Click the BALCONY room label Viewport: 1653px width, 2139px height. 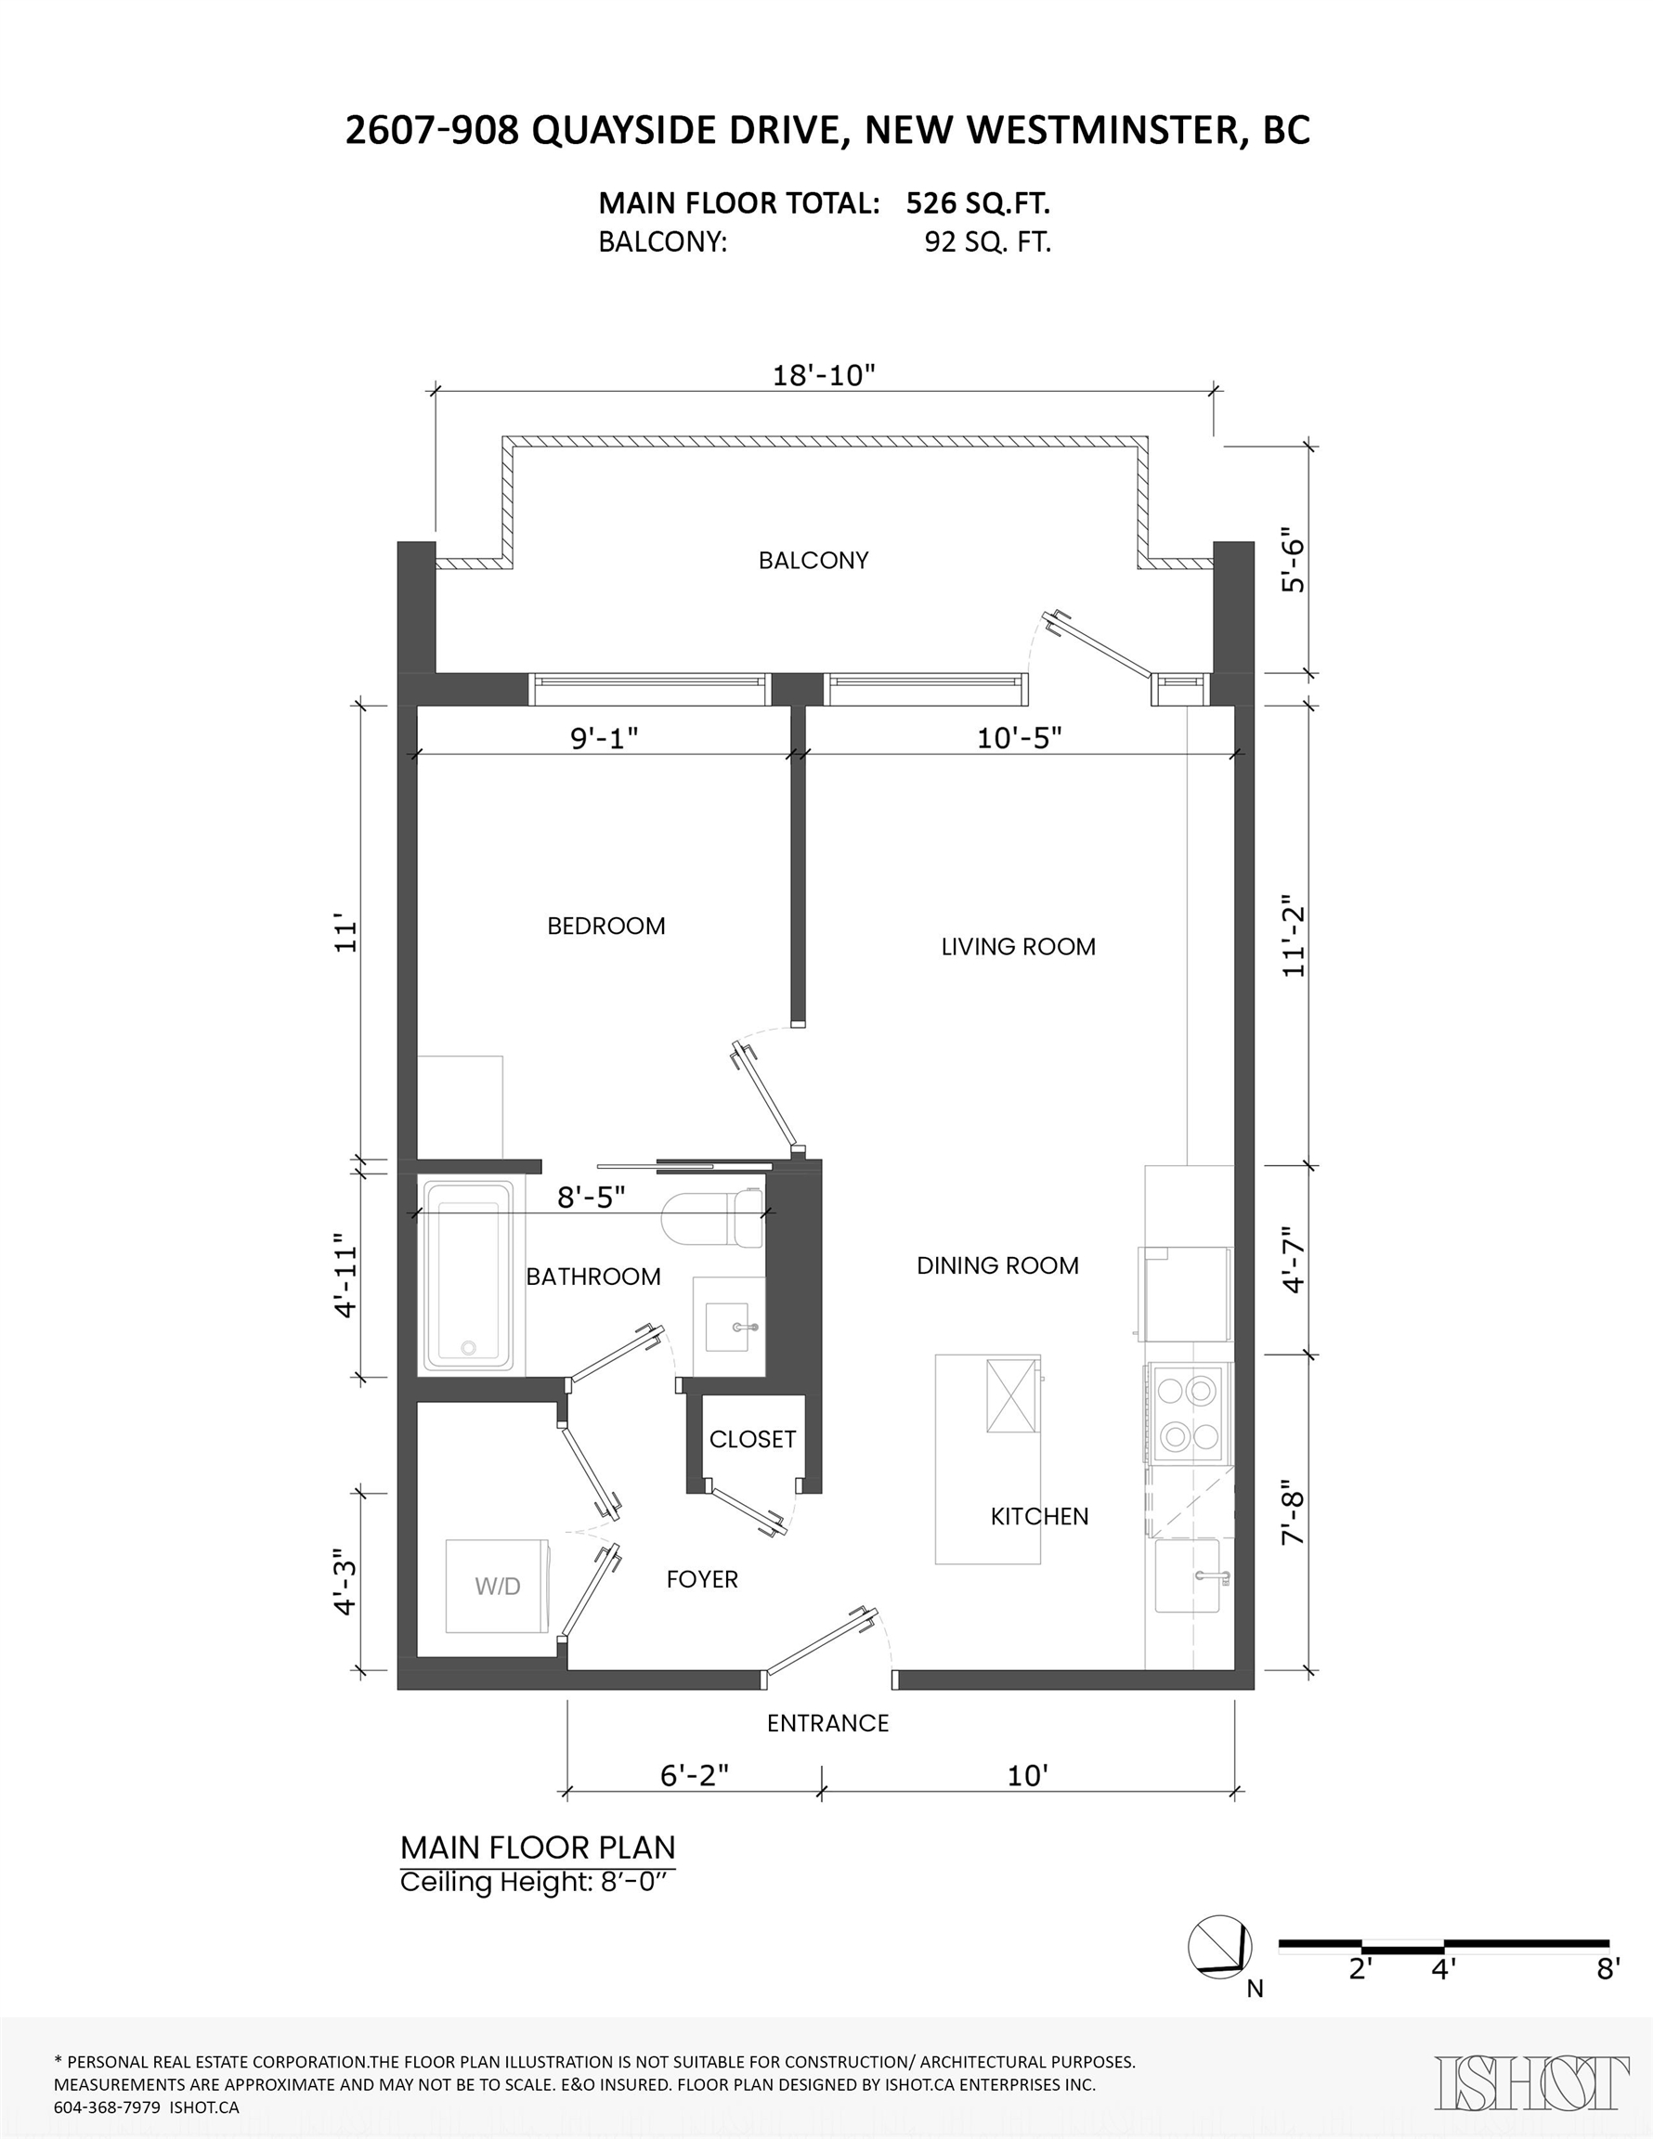[x=813, y=560]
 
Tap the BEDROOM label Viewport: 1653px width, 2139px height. [x=605, y=926]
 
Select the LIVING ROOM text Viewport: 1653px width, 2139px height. [x=1018, y=946]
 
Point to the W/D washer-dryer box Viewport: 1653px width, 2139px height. [x=498, y=1586]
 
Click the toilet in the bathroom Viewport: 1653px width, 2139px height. [x=713, y=1217]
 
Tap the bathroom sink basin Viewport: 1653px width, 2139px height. [x=728, y=1327]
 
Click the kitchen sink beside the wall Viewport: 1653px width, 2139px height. [x=1188, y=1575]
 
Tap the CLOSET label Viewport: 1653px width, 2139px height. [x=752, y=1439]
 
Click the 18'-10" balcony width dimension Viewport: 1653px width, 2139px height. [x=823, y=375]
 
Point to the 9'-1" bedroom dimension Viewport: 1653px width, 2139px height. [x=605, y=737]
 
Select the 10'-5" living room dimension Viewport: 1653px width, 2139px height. [x=1019, y=737]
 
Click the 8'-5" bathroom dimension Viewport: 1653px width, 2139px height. [x=591, y=1197]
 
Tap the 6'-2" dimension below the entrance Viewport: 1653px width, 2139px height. [x=694, y=1775]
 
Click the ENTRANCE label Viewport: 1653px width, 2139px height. [x=828, y=1723]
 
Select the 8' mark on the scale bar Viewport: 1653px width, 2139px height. [x=1607, y=1967]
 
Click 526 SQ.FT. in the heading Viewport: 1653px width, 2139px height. [x=977, y=202]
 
